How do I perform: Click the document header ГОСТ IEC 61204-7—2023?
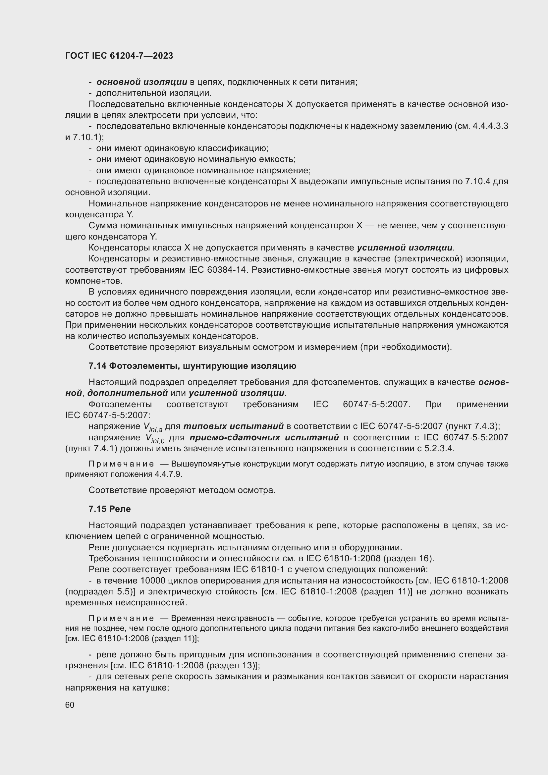pyautogui.click(x=119, y=56)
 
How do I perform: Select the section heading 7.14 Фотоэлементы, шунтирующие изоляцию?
pyautogui.click(x=192, y=366)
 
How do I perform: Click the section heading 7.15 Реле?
pyautogui.click(x=110, y=509)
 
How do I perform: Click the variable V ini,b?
pyautogui.click(x=154, y=439)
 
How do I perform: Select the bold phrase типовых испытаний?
pyautogui.click(x=233, y=426)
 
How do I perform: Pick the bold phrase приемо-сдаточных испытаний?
pyautogui.click(x=264, y=437)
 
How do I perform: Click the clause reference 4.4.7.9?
pyautogui.click(x=168, y=474)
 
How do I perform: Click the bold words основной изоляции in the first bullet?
pyautogui.click(x=142, y=82)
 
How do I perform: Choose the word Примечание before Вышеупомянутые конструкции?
pyautogui.click(x=121, y=464)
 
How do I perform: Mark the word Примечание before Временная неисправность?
pyautogui.click(x=121, y=618)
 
